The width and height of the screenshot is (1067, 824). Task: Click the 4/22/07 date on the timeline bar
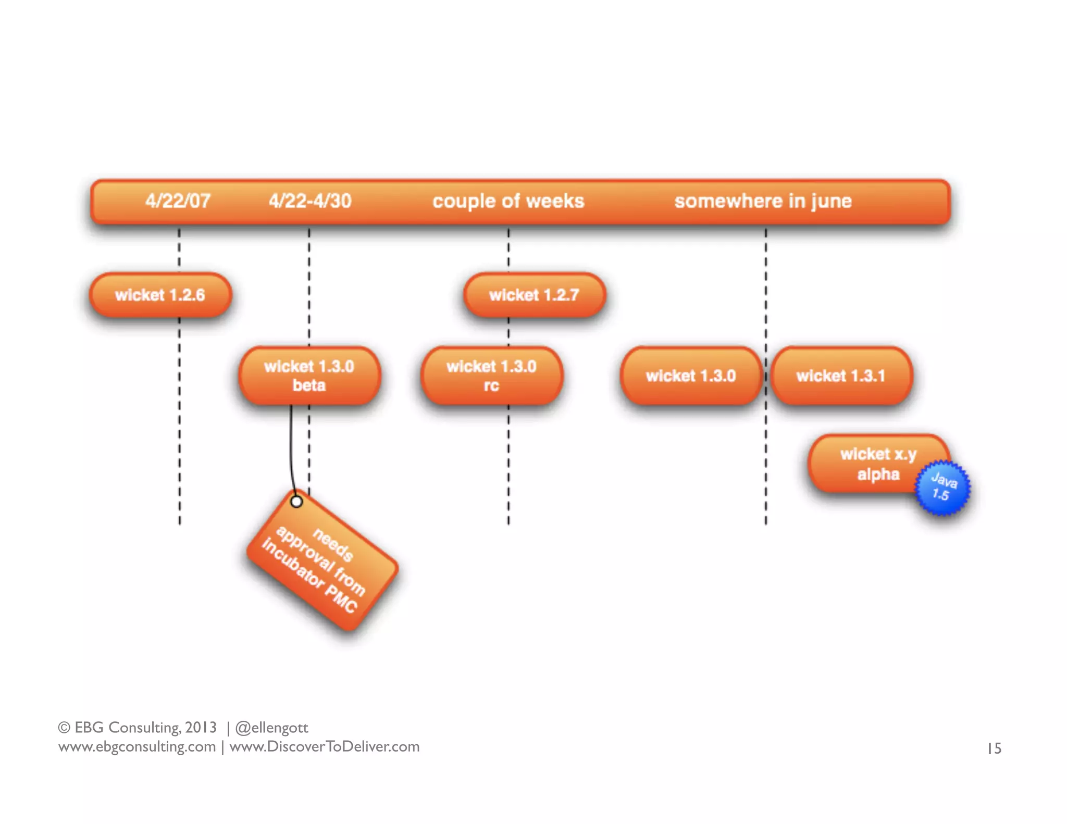pos(178,201)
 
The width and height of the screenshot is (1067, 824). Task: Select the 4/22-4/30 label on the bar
pos(310,201)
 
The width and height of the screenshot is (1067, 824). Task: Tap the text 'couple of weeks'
pos(508,201)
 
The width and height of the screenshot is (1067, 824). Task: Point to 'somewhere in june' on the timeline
pos(763,201)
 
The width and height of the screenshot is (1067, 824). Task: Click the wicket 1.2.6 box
pos(160,295)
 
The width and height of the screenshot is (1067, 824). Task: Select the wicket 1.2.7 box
pos(534,295)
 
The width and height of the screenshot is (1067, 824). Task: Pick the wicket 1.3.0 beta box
pos(309,376)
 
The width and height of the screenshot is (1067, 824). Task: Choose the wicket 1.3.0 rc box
pos(491,376)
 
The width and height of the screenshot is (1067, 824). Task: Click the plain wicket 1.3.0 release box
pos(691,376)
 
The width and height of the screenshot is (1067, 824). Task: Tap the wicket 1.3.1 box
pos(840,376)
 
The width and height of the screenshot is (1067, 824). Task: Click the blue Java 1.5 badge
pos(943,488)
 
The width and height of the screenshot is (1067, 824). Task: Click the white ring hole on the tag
pos(296,502)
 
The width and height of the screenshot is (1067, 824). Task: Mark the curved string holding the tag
pos(291,448)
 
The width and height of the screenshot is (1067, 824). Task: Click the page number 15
pos(994,748)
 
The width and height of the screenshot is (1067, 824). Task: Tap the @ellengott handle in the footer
pos(271,728)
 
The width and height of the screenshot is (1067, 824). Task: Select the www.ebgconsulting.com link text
pos(137,746)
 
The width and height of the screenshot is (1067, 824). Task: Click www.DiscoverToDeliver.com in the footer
pos(324,746)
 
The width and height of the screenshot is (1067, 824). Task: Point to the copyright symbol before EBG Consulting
pos(64,728)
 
